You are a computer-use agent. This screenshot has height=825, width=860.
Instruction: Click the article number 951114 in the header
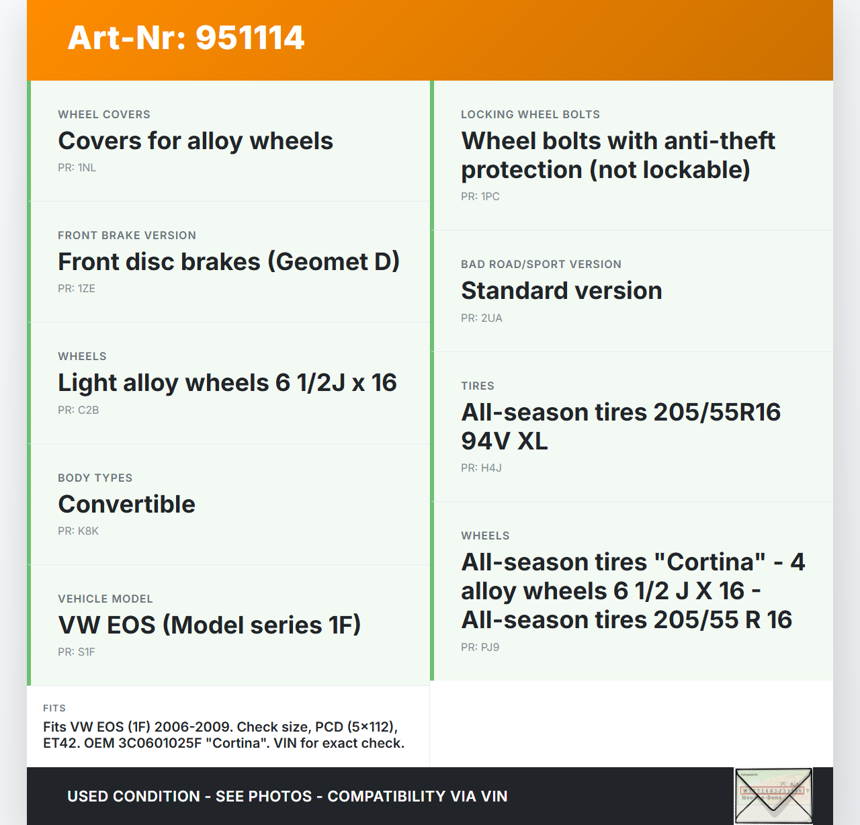coord(250,38)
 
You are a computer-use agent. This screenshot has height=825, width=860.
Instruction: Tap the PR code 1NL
coord(87,168)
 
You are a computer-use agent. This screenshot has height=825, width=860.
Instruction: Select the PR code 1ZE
coord(87,289)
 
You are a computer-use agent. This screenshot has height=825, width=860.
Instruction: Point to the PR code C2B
coord(89,410)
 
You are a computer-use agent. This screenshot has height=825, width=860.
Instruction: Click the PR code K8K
coord(89,531)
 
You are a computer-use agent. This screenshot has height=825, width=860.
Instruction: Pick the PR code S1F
coord(87,652)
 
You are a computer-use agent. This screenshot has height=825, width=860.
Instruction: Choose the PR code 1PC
coord(490,197)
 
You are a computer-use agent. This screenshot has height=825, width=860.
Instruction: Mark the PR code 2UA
coord(491,318)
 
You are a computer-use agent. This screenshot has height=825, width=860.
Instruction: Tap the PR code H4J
coord(491,468)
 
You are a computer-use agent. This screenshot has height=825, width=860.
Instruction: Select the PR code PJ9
coord(490,648)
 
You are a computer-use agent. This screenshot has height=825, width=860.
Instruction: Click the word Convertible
coord(127,504)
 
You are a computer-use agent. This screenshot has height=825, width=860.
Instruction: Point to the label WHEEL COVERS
coord(104,114)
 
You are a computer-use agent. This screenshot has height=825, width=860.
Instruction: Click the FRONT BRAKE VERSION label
coord(127,236)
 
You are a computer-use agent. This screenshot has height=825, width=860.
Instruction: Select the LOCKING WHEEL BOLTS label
coord(530,114)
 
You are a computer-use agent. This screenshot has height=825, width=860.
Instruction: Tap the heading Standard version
coord(562,291)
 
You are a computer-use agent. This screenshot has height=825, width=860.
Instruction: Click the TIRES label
coord(478,386)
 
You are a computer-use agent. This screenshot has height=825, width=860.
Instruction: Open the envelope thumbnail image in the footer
coord(773,796)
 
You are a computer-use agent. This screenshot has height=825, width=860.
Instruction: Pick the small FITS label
coord(54,708)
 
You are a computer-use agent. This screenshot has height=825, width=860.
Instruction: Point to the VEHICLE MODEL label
coord(105,599)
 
